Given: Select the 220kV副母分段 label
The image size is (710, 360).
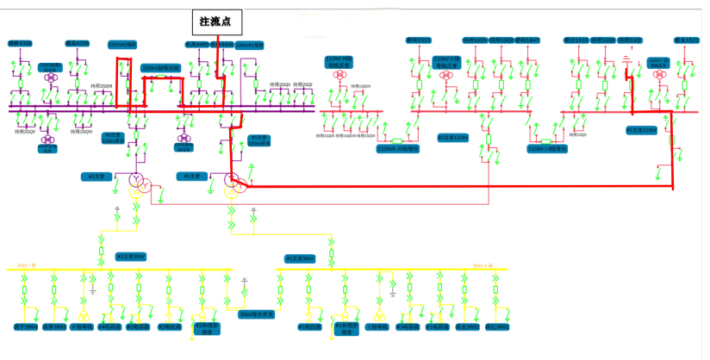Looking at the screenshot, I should (x=161, y=67).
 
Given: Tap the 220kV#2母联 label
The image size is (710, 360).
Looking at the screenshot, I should (x=121, y=45).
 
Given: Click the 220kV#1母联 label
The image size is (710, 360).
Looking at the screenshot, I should (x=247, y=45).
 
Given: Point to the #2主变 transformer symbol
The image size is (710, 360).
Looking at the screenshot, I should (x=138, y=183).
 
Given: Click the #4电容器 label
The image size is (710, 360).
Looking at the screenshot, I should (x=109, y=326).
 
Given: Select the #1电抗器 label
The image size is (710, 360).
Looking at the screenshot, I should (x=309, y=326).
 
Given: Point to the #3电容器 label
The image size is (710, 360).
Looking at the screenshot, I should (x=404, y=326).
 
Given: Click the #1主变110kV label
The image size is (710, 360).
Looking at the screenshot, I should (x=641, y=130).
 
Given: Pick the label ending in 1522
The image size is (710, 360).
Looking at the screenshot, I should (x=687, y=40).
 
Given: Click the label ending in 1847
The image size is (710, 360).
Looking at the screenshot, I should (x=527, y=40).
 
